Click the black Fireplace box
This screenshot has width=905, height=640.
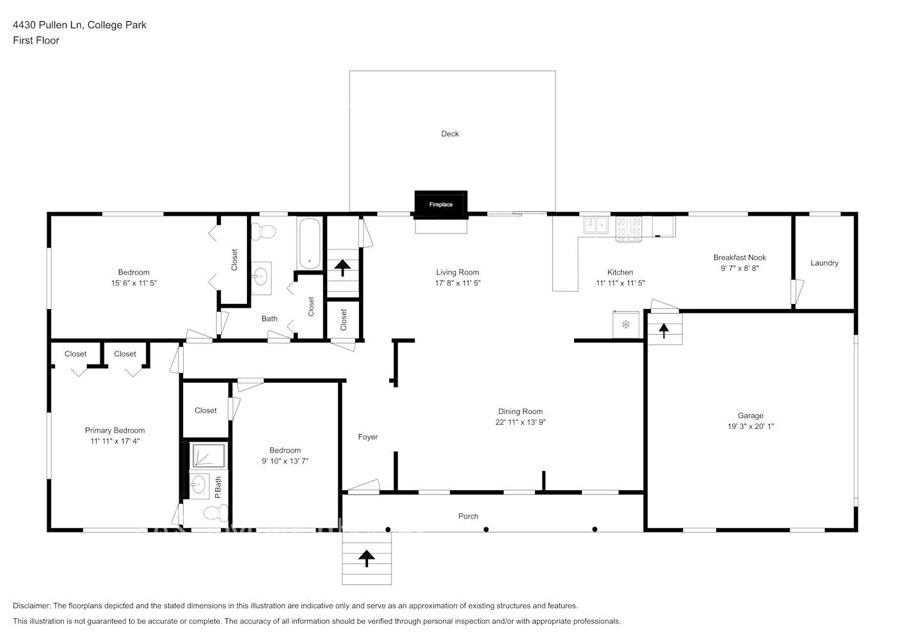(x=440, y=204)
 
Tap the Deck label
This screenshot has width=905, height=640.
(x=450, y=134)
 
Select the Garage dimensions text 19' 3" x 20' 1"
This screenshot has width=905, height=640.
(x=750, y=426)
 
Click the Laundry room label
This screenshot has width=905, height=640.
(x=824, y=263)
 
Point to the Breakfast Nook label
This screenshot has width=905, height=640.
(x=739, y=258)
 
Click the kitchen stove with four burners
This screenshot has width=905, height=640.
(x=629, y=228)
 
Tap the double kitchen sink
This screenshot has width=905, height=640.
(x=596, y=225)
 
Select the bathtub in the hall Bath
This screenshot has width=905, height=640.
(x=309, y=244)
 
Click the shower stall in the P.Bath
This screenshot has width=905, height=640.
(x=208, y=456)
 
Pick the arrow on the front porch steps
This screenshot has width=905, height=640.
(x=367, y=558)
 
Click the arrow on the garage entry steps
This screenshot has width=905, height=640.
(x=664, y=330)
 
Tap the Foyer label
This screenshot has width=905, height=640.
(x=367, y=437)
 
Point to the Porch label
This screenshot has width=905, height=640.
(x=468, y=516)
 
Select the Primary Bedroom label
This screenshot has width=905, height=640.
(x=115, y=431)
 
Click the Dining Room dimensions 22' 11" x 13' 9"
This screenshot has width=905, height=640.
(x=520, y=422)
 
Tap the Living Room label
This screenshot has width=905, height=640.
(x=457, y=273)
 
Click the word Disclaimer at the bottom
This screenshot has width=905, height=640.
(x=31, y=605)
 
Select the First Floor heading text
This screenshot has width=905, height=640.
(x=36, y=40)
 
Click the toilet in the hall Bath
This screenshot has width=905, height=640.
(x=263, y=230)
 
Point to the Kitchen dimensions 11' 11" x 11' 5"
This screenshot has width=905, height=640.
(x=620, y=283)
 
